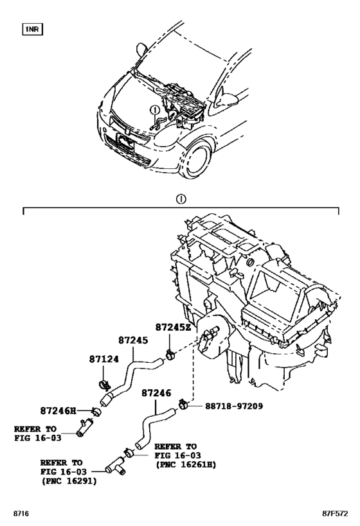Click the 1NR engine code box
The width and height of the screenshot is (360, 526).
tap(33, 30)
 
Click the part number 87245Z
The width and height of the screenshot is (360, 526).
tap(173, 328)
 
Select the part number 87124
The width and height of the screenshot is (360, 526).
tap(104, 359)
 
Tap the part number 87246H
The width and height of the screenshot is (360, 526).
tap(58, 410)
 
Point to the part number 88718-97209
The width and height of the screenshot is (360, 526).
tap(234, 407)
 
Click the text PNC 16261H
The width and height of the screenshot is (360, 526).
tap(186, 464)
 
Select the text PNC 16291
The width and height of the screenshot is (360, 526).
tap(69, 481)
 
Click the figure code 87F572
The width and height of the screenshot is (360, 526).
tap(335, 514)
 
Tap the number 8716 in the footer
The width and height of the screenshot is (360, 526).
tap(21, 514)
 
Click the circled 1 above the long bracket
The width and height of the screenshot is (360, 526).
tap(181, 199)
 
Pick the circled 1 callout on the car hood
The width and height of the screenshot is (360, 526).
tap(154, 110)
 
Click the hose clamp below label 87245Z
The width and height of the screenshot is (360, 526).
tap(170, 354)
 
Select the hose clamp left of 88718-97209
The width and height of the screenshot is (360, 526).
tap(183, 403)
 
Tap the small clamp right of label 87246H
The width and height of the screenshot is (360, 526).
tap(96, 411)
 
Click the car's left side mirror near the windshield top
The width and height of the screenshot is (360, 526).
tap(141, 49)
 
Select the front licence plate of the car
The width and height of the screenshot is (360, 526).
tap(125, 141)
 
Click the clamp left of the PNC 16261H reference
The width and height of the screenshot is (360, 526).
tap(129, 453)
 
